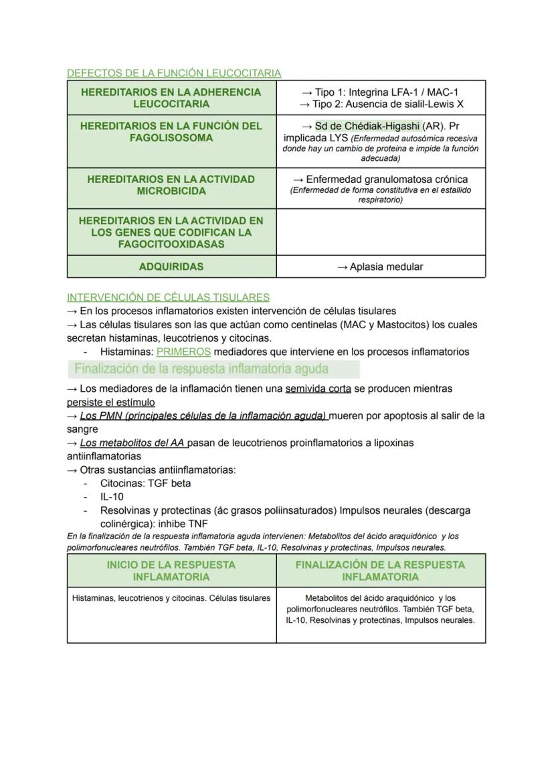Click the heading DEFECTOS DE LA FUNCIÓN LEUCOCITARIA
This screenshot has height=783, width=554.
coord(173,73)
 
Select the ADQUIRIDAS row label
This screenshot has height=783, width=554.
coord(171,267)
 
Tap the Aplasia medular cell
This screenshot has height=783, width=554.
coord(380,267)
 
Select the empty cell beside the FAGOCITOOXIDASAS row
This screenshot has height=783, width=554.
coord(380,232)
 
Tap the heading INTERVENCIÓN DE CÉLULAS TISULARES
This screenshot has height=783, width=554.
coord(168,297)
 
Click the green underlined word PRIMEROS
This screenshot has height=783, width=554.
coord(183,352)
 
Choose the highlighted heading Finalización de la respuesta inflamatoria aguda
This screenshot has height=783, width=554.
coord(201,369)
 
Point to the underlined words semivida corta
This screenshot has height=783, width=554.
coord(318,388)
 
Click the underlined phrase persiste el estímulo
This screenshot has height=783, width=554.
coord(111,402)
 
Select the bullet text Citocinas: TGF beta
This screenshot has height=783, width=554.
coord(145,483)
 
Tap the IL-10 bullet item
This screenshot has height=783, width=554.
coord(112,497)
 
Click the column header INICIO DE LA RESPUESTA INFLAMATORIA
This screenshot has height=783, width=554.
coord(171,571)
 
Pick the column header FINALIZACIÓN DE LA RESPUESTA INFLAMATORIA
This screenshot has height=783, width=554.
coord(380,571)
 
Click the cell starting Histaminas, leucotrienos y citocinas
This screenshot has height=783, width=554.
coord(171,598)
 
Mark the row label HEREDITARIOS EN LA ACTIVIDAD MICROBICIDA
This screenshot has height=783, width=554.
coord(171,186)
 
